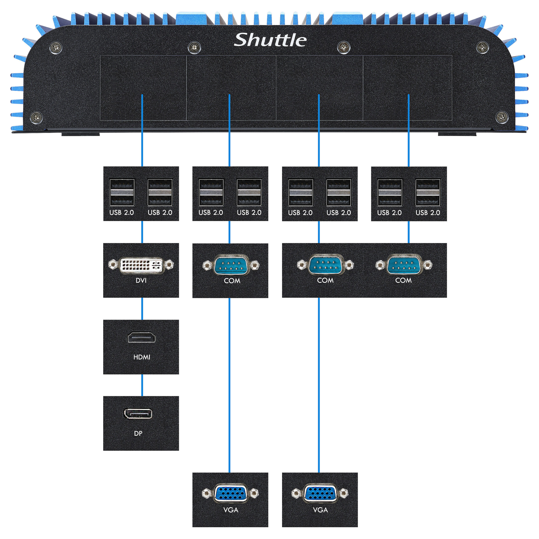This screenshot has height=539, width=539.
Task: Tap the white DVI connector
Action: click(141, 265)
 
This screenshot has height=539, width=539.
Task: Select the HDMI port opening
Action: click(141, 338)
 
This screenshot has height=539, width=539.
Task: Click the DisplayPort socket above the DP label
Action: click(138, 414)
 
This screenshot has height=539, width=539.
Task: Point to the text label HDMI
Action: click(142, 357)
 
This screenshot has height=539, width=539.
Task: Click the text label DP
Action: click(138, 433)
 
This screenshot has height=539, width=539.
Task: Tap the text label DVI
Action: click(141, 280)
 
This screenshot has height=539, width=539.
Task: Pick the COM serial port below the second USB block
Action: click(231, 265)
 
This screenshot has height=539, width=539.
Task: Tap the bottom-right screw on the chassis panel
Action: click(502, 117)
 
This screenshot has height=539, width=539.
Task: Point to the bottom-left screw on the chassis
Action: click(36, 117)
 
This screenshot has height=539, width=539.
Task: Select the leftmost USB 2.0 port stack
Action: click(122, 192)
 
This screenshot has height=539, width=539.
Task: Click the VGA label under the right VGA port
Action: click(320, 510)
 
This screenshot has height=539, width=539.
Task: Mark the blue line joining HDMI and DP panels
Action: click(142, 385)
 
